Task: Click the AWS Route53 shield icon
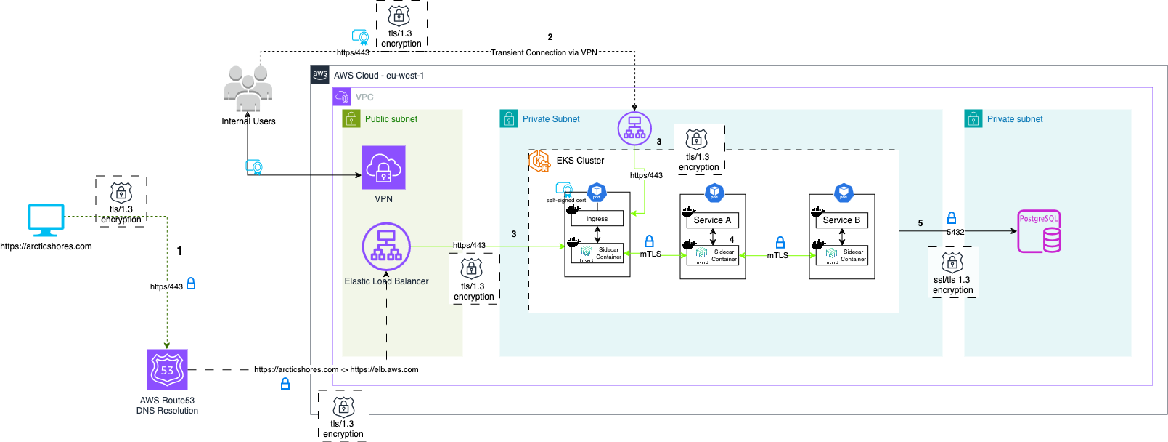tap(167, 369)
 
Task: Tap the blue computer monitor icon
tap(46, 220)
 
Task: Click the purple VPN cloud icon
tap(383, 167)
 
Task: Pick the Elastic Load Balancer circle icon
tap(386, 246)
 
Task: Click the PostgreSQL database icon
tap(1039, 231)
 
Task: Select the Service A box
tap(712, 220)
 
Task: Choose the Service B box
tap(841, 220)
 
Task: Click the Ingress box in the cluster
tap(597, 219)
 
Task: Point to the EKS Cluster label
tap(580, 161)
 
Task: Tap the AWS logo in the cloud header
tap(320, 75)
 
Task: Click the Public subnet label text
tap(391, 119)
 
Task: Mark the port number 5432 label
tap(955, 233)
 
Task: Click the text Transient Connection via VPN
tap(544, 52)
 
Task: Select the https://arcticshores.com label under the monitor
tap(46, 246)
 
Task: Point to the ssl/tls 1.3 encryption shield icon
tap(952, 262)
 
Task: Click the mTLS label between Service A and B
tap(777, 255)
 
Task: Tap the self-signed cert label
tap(566, 201)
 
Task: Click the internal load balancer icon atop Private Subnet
tap(634, 128)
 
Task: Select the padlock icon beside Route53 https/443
tap(191, 284)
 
